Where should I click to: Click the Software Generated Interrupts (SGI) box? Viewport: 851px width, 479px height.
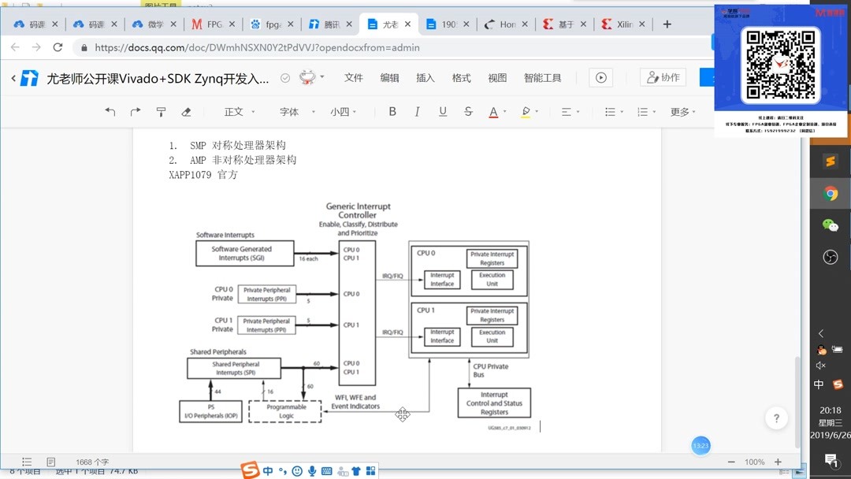point(244,254)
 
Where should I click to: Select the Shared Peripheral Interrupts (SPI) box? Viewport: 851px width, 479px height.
point(235,368)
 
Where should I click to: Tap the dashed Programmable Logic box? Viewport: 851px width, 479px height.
point(285,411)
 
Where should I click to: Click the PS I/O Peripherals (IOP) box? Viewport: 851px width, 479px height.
point(210,411)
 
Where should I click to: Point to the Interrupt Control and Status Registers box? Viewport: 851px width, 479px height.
point(494,403)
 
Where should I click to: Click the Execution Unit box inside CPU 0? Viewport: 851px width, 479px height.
point(492,280)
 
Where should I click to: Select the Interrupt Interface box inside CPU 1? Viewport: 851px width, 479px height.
point(442,336)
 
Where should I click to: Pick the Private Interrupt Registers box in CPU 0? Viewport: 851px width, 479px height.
point(492,258)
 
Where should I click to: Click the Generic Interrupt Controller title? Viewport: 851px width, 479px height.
point(358,210)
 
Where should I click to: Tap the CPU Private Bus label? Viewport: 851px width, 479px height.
point(490,370)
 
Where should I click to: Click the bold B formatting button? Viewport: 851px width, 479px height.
point(392,112)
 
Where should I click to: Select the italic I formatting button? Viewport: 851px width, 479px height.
point(418,112)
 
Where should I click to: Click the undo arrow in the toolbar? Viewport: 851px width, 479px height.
point(110,112)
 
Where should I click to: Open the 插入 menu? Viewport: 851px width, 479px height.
point(425,78)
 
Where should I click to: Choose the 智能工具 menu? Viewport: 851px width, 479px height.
point(542,78)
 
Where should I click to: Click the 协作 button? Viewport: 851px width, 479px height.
point(663,77)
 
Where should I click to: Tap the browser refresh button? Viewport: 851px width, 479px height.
point(58,47)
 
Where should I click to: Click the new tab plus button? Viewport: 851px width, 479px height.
point(667,24)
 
